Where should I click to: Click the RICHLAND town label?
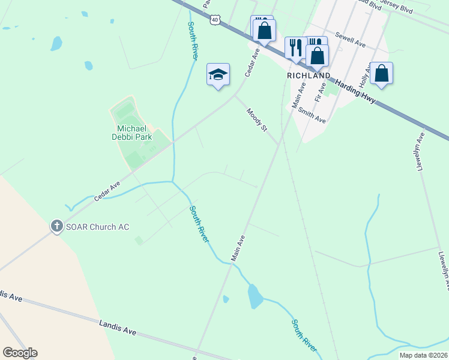point(309,76)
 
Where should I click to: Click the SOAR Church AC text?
point(97,227)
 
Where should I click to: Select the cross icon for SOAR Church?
point(56,226)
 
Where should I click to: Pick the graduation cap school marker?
point(218,74)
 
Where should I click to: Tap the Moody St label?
point(256,120)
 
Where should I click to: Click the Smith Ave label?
point(312,115)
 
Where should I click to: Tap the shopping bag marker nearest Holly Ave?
point(381,73)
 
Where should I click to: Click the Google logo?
point(20,353)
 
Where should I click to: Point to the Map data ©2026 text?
point(423,355)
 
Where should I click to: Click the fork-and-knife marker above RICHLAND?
point(295,47)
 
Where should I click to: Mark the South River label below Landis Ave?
point(304,335)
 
